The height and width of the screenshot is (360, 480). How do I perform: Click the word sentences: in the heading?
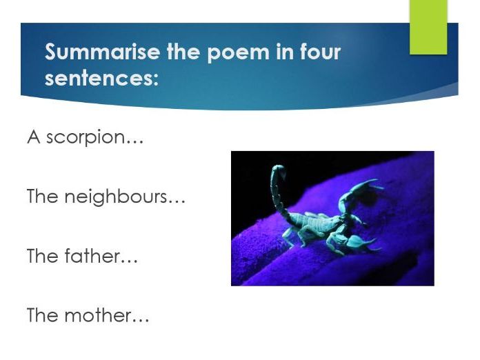point(101,77)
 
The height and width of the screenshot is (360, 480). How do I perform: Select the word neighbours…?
point(125,197)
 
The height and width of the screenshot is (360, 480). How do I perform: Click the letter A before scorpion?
point(33,137)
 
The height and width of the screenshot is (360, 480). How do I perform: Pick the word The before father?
point(42,256)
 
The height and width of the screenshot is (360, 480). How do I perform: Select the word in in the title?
point(283,52)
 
